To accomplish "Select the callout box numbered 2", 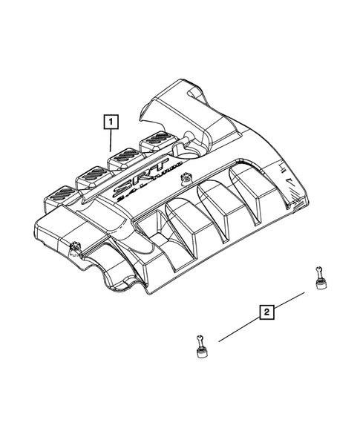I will (x=266, y=312).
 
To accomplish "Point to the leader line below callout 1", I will (x=111, y=142).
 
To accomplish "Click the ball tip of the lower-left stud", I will (x=198, y=338).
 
